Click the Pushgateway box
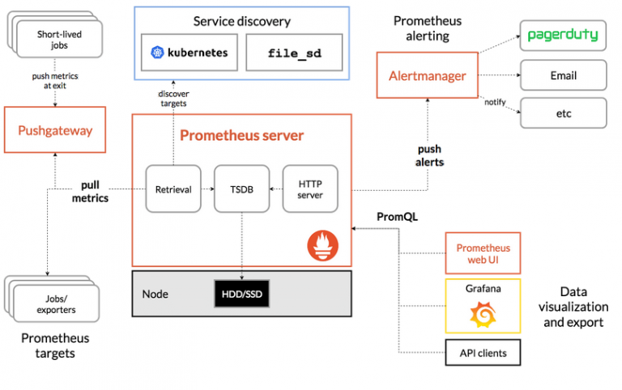point(56,130)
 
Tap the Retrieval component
point(173,189)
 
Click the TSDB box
point(241,189)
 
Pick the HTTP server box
point(310,189)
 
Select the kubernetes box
point(190,53)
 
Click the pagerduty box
point(563,35)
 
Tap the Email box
point(563,75)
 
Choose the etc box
point(563,113)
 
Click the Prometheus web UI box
point(483,253)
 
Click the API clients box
point(483,352)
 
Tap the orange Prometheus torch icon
point(322,245)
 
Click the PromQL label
point(396,217)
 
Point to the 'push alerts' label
point(429,156)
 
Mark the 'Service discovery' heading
point(241,21)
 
